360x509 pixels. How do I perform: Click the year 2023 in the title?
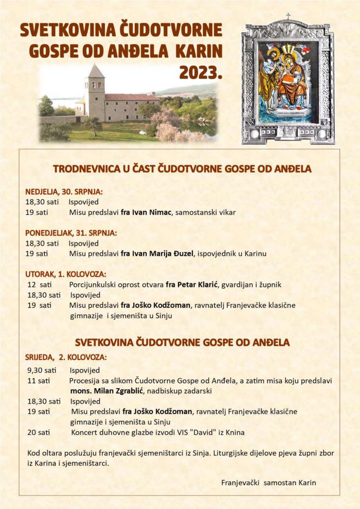point(200,73)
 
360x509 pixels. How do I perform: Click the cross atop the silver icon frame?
point(288,16)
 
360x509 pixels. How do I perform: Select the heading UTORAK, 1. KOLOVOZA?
point(66,274)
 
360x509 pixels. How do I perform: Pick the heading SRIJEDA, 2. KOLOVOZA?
point(66,357)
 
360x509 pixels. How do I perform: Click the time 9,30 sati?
point(42,370)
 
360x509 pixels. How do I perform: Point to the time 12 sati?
point(39,285)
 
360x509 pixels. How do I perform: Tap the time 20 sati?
point(39,432)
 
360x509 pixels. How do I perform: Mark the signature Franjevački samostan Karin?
point(269,482)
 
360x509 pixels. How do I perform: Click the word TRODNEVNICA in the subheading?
point(84,169)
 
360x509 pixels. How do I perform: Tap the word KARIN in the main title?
point(202,51)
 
